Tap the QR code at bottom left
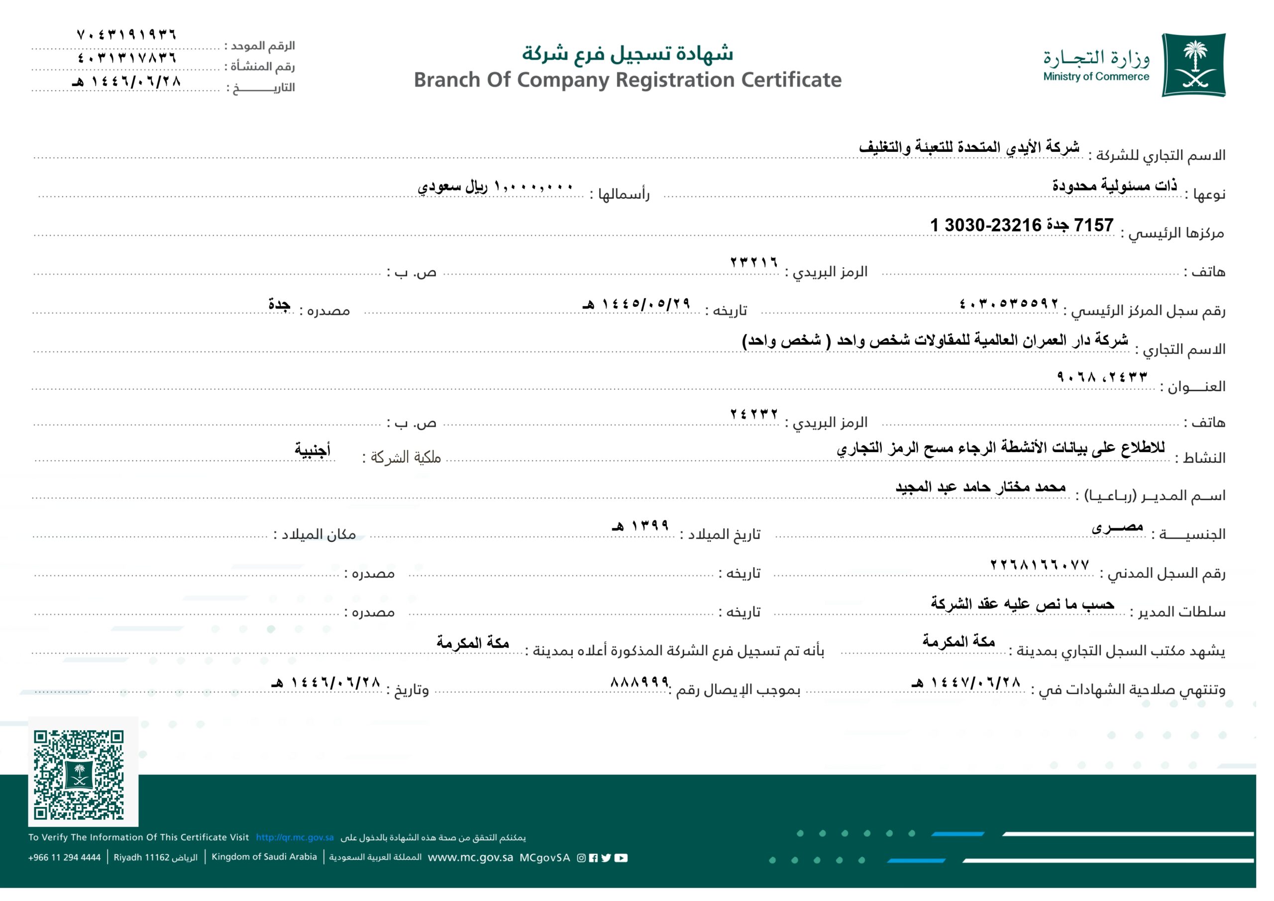(78, 775)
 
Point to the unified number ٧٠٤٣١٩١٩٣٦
(126, 34)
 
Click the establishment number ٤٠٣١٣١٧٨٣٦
(126, 57)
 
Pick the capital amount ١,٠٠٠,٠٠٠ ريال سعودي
(495, 186)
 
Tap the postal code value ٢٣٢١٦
(753, 262)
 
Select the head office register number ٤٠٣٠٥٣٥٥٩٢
(1008, 303)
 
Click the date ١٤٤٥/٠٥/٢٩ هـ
(636, 303)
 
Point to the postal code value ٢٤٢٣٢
(753, 414)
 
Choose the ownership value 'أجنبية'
(313, 449)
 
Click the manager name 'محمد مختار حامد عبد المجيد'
(980, 487)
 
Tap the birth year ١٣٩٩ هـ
(640, 525)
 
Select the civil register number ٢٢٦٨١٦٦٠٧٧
(1039, 565)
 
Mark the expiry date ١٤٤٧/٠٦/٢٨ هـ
(965, 683)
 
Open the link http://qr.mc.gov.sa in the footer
(295, 837)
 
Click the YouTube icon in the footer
(622, 858)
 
